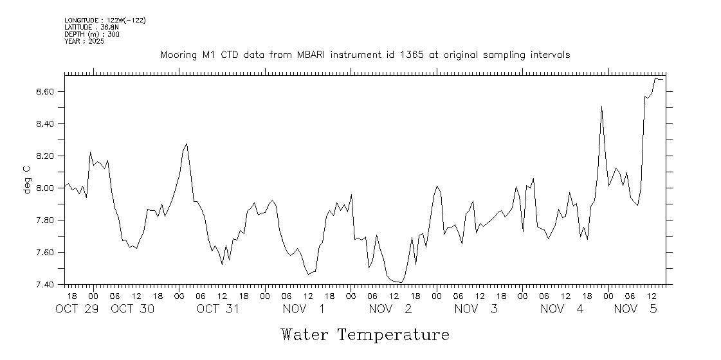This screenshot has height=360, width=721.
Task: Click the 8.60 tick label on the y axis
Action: [x=49, y=92]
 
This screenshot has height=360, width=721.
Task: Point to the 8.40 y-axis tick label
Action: [x=49, y=124]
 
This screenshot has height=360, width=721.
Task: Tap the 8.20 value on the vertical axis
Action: [x=49, y=156]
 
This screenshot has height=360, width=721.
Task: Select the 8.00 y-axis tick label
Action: [x=49, y=188]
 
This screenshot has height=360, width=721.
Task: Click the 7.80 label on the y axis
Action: [x=49, y=221]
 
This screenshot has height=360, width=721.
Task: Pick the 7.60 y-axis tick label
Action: [x=49, y=253]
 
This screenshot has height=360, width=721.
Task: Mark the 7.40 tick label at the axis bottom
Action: [x=49, y=284]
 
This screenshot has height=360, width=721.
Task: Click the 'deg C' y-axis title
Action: [x=27, y=179]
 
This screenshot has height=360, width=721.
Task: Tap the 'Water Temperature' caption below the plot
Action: [x=365, y=335]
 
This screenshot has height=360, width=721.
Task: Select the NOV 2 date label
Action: [x=390, y=309]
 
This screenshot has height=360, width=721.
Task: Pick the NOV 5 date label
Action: [x=635, y=309]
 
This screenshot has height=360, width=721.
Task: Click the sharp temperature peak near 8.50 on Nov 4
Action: [x=601, y=107]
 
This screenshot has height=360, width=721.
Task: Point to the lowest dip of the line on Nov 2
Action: [x=401, y=282]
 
